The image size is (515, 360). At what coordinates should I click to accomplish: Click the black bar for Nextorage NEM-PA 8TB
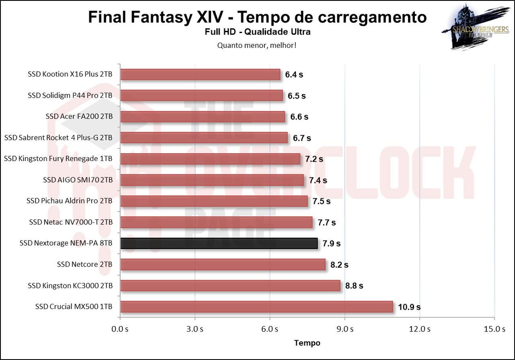coord(219,243)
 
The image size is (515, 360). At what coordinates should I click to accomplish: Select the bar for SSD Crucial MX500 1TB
coord(256,307)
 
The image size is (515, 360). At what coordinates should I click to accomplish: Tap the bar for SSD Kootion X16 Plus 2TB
coord(200,74)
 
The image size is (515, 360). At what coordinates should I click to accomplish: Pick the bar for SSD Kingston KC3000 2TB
coord(230,286)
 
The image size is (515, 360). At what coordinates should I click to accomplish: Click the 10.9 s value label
coord(409,307)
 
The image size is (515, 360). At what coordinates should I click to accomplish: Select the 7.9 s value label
coord(331,243)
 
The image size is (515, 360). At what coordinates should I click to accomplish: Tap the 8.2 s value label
coord(339,265)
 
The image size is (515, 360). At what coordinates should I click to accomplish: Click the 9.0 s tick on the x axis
coord(345,329)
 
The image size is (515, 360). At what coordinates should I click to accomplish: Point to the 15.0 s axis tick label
coord(494,329)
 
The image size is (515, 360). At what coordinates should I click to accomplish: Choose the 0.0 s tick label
coord(120,329)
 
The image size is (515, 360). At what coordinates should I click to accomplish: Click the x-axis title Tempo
coord(307,343)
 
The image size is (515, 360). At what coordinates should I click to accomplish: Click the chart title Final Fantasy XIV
coord(257,17)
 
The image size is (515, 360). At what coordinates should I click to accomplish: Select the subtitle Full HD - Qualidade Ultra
coord(257,32)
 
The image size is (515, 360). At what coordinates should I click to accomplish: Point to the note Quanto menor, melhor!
coord(257,45)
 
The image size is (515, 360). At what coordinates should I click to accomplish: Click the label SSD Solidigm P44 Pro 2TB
coord(70,96)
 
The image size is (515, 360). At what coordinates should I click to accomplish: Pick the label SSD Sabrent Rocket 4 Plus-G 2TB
coord(58,138)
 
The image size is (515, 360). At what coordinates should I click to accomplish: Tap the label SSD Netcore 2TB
coord(84,265)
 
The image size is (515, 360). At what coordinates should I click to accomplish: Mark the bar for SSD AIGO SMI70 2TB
coord(212,180)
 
